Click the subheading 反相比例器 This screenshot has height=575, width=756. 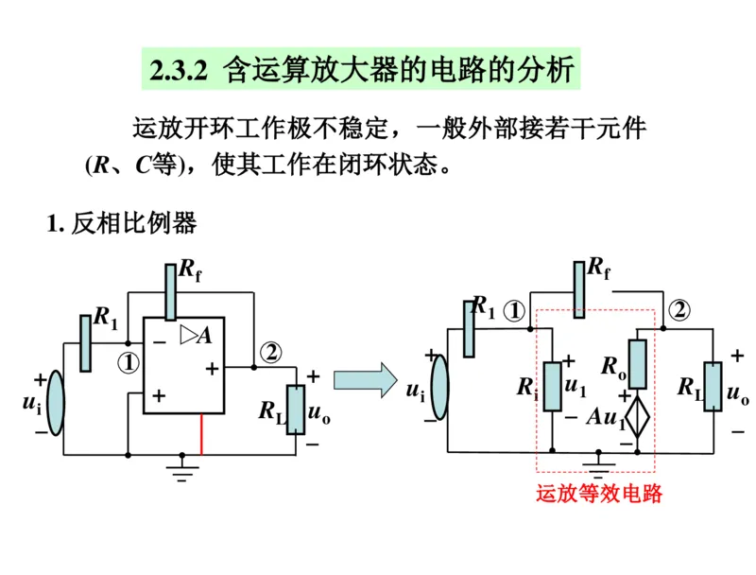[x=133, y=224]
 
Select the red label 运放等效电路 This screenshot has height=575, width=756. [x=598, y=493]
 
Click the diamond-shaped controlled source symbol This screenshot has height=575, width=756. [x=638, y=416]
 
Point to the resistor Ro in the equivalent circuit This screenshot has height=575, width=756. [x=638, y=364]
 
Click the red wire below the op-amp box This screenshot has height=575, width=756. [x=200, y=434]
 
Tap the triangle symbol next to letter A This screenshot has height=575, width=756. [x=188, y=333]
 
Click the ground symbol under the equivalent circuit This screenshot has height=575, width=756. [x=596, y=462]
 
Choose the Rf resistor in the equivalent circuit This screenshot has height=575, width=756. [x=578, y=287]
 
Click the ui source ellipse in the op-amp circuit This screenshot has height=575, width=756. [x=56, y=403]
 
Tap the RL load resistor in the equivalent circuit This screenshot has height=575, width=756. [x=713, y=387]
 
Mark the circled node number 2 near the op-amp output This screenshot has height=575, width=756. [x=271, y=351]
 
